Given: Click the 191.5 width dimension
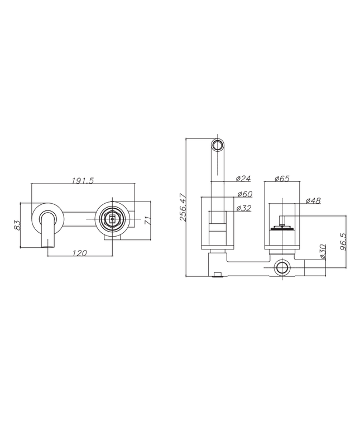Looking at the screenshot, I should tap(83, 180).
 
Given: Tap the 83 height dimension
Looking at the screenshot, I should tap(17, 225).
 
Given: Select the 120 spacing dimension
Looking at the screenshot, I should tap(80, 253).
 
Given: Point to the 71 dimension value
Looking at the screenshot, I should tap(148, 220).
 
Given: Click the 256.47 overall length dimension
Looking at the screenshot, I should tap(183, 208).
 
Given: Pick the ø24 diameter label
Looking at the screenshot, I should tap(243, 179).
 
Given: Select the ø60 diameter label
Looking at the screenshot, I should tap(244, 194).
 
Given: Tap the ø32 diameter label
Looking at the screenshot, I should tap(243, 208).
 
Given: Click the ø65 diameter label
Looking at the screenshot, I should tap(282, 179).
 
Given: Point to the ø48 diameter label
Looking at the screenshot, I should tap(313, 201).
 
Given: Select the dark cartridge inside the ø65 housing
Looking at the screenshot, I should tap(282, 228).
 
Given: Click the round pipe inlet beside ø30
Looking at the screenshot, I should tap(282, 269).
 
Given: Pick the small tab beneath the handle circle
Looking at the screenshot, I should tap(113, 238).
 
